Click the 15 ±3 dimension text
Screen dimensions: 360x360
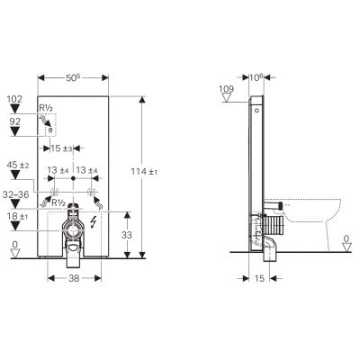coord(62,147)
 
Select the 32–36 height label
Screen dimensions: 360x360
coord(19,193)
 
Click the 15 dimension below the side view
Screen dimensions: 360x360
coord(257,280)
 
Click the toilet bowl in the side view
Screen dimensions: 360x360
coord(315,216)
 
